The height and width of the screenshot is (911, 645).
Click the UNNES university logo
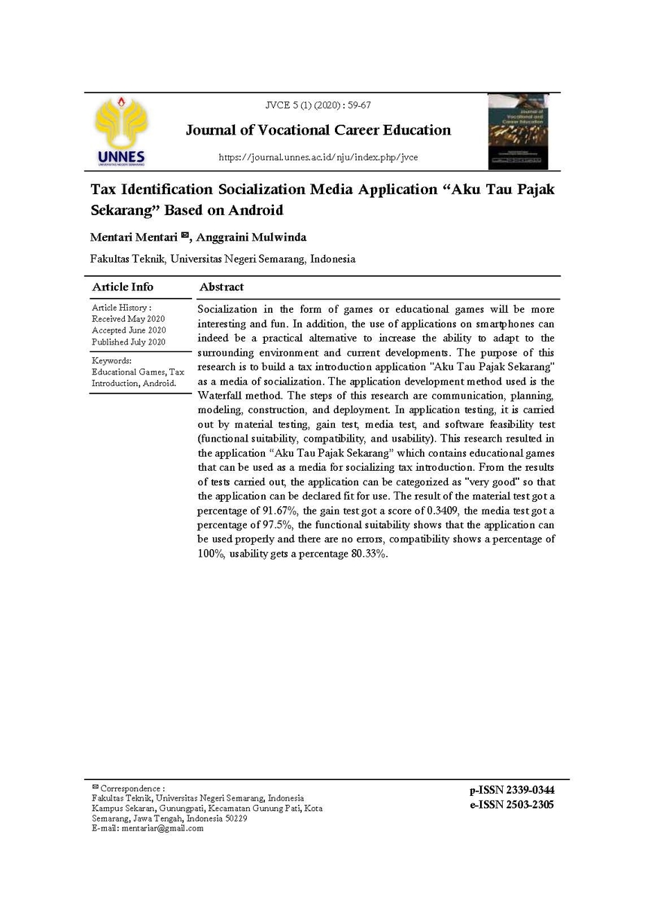(121, 131)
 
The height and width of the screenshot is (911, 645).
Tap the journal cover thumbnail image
(518, 131)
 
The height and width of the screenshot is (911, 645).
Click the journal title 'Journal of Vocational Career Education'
(318, 130)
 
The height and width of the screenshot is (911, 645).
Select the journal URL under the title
(318, 157)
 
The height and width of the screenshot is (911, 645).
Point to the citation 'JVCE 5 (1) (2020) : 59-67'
(318, 105)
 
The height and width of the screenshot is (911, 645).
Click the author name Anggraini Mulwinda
(251, 238)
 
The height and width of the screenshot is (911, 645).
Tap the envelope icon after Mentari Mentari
(184, 236)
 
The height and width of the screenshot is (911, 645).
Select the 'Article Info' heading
(123, 287)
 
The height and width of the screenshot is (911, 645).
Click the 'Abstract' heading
(221, 287)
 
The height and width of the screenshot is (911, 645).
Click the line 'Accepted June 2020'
(129, 330)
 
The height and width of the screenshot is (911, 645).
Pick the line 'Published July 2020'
(129, 342)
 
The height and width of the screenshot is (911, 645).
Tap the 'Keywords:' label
(112, 360)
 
